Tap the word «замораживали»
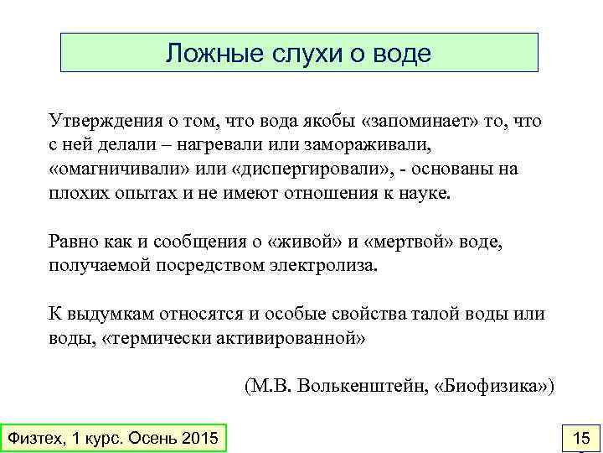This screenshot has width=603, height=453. (360, 145)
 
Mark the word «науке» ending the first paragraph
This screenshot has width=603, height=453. (425, 192)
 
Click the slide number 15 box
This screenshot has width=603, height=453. (580, 438)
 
